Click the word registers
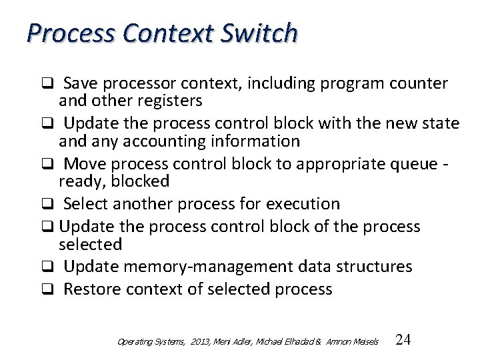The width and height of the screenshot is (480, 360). click(169, 101)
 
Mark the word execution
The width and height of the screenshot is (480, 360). click(299, 203)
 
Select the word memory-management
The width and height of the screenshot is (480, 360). click(207, 267)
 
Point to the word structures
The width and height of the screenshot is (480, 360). click(373, 267)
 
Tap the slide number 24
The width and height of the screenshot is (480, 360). click(403, 340)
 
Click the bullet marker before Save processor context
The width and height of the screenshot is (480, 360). click(49, 84)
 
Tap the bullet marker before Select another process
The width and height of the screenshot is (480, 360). click(49, 204)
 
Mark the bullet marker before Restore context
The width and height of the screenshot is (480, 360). click(49, 290)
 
